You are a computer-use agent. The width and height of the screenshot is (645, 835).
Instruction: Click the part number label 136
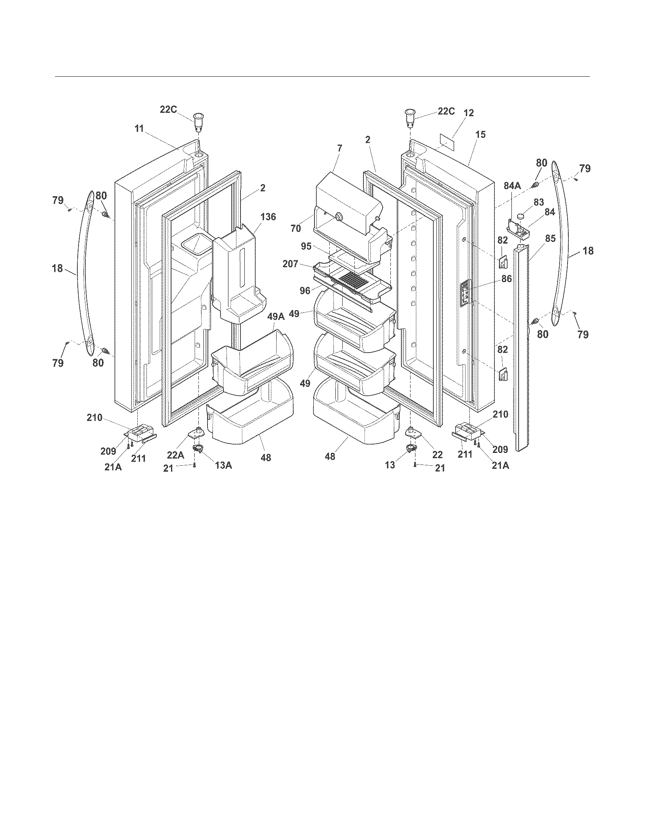268,216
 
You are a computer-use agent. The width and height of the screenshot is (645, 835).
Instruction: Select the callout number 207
290,263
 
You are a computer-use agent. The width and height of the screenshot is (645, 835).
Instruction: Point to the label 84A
512,186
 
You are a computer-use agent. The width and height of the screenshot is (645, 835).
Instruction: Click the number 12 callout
469,113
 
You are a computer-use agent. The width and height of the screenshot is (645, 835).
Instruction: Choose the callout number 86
507,279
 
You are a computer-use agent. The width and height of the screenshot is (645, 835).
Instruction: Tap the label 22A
175,455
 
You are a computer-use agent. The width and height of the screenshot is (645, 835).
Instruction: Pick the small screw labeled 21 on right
415,465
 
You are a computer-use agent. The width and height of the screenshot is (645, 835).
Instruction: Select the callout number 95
306,246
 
